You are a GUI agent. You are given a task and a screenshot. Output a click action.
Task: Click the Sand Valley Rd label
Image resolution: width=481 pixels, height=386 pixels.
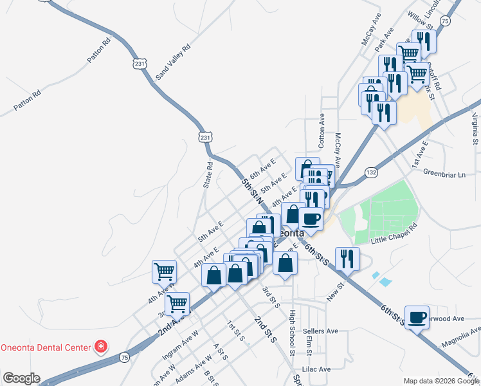pos(174,62)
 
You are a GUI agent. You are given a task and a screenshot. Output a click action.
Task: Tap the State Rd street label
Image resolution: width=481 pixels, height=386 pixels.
pos(208,174)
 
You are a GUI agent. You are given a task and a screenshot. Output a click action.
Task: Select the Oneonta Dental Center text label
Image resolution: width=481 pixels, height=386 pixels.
pos(45,347)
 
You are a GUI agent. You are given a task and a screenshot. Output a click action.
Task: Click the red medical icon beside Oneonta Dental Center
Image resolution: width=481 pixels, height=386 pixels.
pos(100,347)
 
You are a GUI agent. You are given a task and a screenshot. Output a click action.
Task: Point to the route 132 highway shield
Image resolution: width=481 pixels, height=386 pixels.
pos(371,172)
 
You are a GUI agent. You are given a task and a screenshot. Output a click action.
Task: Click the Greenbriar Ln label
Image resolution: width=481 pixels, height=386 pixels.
pos(444,172)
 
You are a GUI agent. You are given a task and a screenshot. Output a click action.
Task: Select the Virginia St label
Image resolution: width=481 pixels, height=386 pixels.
pos(475,128)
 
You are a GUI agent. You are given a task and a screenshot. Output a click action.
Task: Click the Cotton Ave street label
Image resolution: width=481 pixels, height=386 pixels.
pos(322,132)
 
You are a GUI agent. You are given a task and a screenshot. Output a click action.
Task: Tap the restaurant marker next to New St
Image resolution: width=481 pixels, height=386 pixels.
pos(347,258)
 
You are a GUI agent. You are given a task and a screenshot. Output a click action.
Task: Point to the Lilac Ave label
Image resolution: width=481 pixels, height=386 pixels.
pos(316,369)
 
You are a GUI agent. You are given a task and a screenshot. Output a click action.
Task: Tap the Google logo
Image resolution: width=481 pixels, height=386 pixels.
pos(21,378)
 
